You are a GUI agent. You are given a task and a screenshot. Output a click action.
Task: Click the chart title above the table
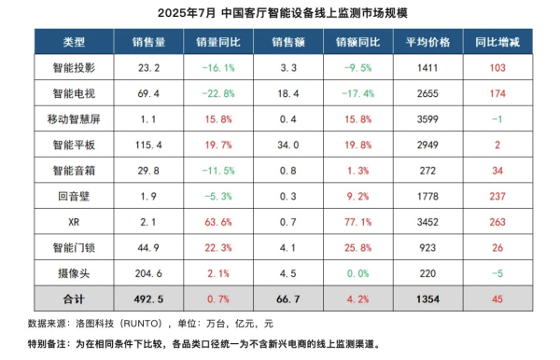click(x=280, y=15)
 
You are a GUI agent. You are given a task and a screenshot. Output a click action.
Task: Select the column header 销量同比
click(x=219, y=43)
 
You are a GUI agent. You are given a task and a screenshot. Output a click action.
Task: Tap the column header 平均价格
click(x=428, y=43)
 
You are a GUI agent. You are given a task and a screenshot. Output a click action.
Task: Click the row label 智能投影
click(x=74, y=68)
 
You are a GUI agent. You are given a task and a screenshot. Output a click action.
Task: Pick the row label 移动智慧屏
click(x=74, y=119)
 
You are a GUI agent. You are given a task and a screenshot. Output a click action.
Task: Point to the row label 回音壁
click(x=74, y=195)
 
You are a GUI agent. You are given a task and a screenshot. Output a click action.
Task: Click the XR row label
click(x=74, y=221)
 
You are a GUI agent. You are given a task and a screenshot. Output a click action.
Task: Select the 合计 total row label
click(x=74, y=298)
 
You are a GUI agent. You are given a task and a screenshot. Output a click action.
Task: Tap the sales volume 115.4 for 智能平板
click(x=149, y=145)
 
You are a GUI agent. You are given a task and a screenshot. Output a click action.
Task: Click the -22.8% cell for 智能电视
click(x=219, y=93)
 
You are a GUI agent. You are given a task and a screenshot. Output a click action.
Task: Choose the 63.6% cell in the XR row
click(x=219, y=221)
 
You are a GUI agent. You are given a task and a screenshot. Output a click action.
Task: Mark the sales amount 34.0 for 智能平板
click(x=287, y=145)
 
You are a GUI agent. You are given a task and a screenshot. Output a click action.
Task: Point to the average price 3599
click(x=428, y=119)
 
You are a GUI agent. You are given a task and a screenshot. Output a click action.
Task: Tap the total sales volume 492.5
click(x=149, y=298)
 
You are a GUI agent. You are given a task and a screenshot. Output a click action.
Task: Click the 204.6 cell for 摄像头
click(x=149, y=271)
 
